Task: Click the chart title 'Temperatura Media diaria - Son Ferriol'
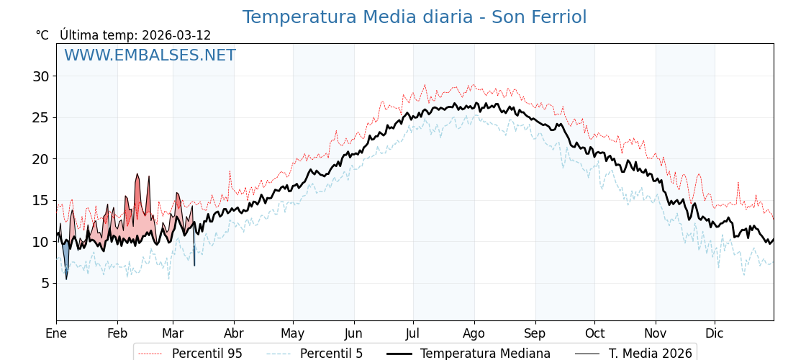414,17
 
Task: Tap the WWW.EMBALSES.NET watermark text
150,55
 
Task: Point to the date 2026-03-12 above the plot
176,35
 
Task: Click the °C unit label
42,35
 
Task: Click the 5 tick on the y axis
45,283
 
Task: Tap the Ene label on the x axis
56,333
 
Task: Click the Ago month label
474,333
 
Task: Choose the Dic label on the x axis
715,333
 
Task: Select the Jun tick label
354,333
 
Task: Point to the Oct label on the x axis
594,333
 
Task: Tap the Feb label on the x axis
117,333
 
